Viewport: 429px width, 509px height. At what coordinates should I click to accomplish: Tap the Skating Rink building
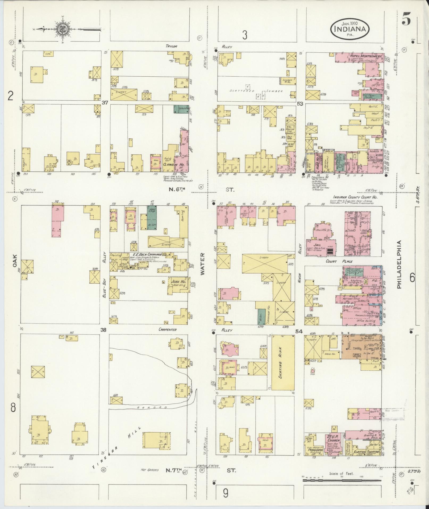click(x=283, y=362)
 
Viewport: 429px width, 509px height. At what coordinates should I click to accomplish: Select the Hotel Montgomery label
click(x=366, y=56)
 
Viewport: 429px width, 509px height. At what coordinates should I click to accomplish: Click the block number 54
click(x=299, y=332)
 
